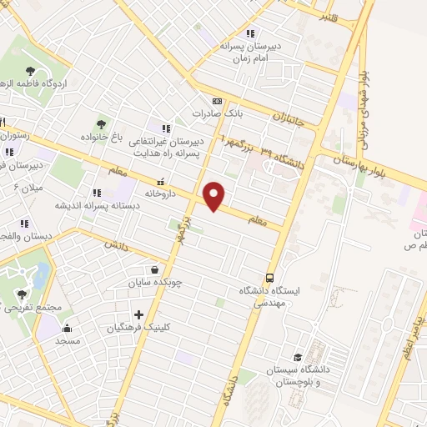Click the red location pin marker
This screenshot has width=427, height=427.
pyautogui.click(x=215, y=196)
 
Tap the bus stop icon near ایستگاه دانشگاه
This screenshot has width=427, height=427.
pyautogui.click(x=269, y=278)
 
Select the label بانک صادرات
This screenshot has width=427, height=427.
pyautogui.click(x=209, y=113)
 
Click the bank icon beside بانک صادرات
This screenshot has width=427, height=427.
pyautogui.click(x=219, y=98)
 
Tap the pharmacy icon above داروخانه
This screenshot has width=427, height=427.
pyautogui.click(x=161, y=179)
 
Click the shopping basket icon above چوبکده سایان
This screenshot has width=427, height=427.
pyautogui.click(x=155, y=269)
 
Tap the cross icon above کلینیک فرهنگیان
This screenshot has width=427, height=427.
pyautogui.click(x=138, y=315)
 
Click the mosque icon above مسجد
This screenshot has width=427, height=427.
pyautogui.click(x=67, y=328)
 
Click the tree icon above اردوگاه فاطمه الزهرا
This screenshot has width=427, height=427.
pyautogui.click(x=30, y=71)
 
